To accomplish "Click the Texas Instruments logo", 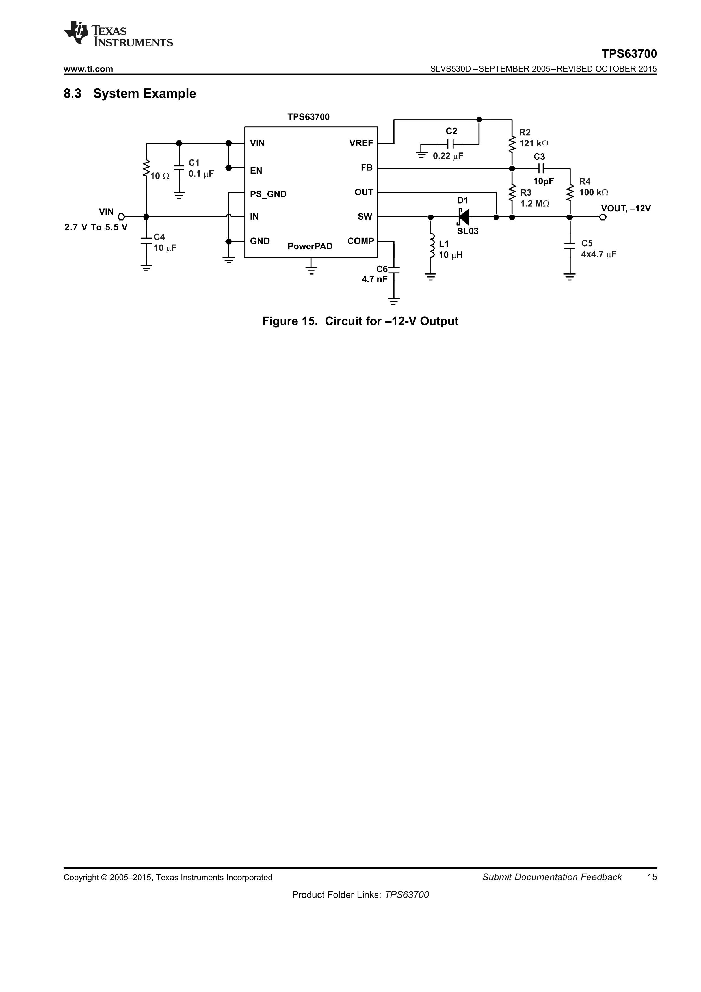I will [x=118, y=34].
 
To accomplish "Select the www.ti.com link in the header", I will [x=88, y=69].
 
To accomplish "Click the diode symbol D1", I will [x=464, y=217].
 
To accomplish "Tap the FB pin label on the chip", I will [x=366, y=168].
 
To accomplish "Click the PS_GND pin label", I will [x=268, y=194].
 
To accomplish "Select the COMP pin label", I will [x=360, y=241].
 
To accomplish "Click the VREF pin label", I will [x=361, y=143].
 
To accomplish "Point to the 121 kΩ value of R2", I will [x=533, y=143].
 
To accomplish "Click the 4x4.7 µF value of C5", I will [x=598, y=254].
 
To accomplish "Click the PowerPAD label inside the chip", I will [x=310, y=246].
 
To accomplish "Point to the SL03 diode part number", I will [x=468, y=231].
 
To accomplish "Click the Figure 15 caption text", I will [x=360, y=321].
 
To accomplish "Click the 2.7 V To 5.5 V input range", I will [x=96, y=227].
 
